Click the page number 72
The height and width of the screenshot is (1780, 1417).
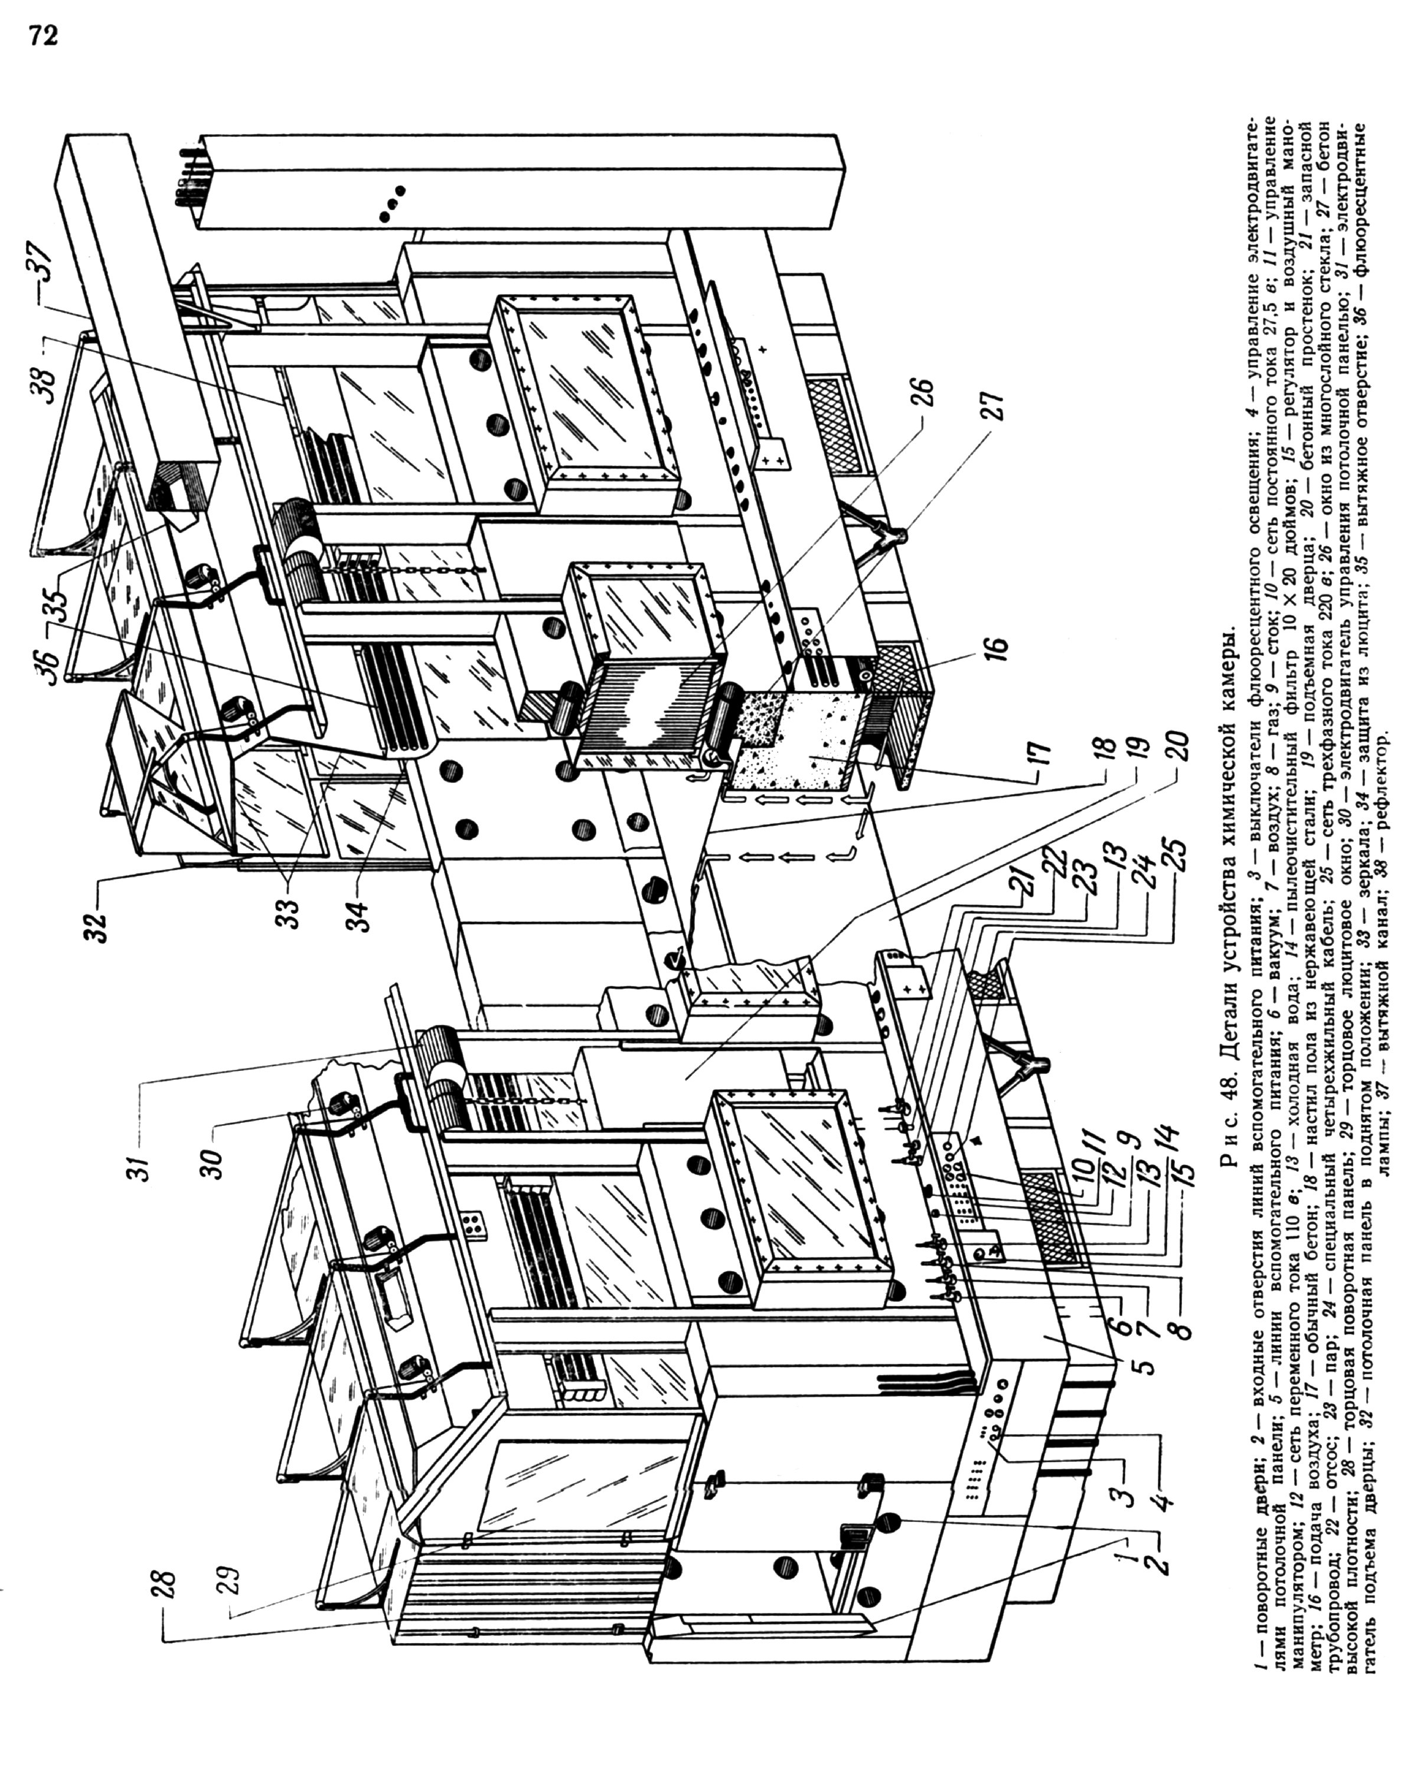click(x=44, y=37)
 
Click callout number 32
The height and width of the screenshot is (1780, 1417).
click(x=98, y=925)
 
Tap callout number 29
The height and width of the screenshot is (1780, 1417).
click(x=231, y=1586)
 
